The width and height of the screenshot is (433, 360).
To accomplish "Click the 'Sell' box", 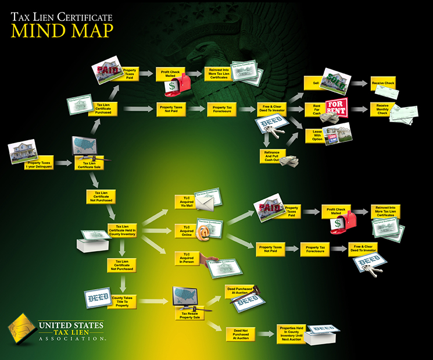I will pos(316,84).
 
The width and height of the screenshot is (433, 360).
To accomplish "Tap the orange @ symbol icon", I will pos(203,233).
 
